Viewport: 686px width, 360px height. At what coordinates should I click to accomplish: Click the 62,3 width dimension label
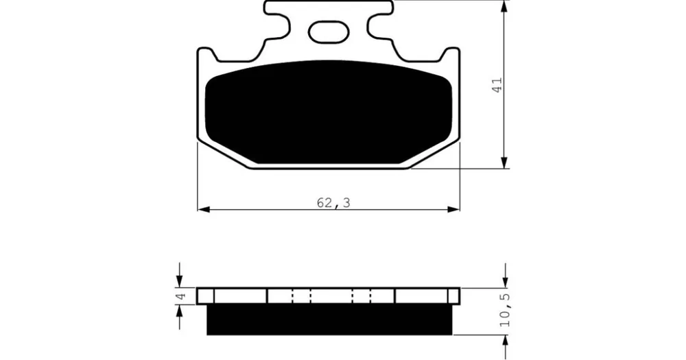click(333, 203)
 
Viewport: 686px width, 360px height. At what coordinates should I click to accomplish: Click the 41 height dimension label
click(497, 84)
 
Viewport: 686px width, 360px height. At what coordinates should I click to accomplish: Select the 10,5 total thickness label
click(506, 310)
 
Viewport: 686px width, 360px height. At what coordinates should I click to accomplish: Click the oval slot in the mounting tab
click(328, 32)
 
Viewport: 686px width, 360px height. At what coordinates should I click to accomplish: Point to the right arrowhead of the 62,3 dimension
click(453, 210)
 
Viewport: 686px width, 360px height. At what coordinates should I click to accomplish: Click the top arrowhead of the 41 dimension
click(506, 7)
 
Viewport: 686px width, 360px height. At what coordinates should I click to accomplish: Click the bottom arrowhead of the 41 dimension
click(506, 161)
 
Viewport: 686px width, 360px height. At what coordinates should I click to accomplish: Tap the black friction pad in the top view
click(328, 112)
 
